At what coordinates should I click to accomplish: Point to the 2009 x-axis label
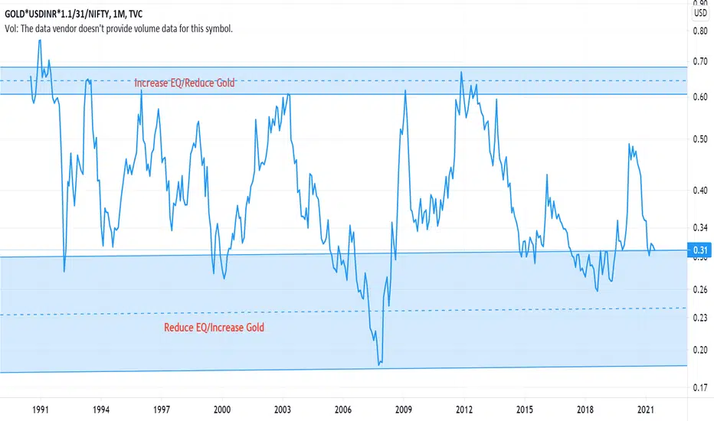tap(404, 410)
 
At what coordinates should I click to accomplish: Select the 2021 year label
tap(645, 410)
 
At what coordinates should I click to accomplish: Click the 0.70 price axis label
tap(699, 60)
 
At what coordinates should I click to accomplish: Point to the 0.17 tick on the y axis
tap(699, 389)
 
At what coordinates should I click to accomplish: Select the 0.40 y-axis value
tap(699, 191)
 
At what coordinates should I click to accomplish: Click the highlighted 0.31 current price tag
tap(699, 250)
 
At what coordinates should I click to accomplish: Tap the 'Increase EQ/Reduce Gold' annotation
tap(185, 83)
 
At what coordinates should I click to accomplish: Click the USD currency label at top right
tap(699, 12)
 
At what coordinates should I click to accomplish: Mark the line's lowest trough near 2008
tap(379, 365)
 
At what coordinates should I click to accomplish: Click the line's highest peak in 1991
tap(39, 40)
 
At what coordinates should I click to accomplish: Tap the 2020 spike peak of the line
tap(629, 144)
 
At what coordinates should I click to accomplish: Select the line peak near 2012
tap(461, 72)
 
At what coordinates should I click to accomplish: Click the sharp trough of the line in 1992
tap(64, 271)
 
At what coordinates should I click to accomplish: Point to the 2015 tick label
tap(524, 410)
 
